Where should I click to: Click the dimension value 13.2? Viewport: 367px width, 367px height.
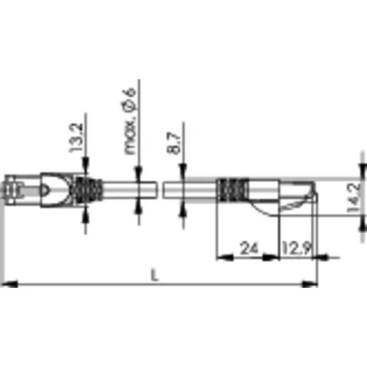76,138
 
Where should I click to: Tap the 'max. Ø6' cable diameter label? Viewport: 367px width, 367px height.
130,121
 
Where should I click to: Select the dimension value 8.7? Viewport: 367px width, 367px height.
174,143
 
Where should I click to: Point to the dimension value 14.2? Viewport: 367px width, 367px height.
353,197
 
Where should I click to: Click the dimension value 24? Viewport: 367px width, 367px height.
249,248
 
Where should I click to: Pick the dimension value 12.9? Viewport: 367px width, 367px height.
296,248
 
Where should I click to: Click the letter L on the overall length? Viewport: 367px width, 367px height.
155,275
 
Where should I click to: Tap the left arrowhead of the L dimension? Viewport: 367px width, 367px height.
9,284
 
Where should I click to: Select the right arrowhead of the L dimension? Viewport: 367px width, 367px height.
309,284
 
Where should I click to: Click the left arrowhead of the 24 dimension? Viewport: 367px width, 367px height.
225,257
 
